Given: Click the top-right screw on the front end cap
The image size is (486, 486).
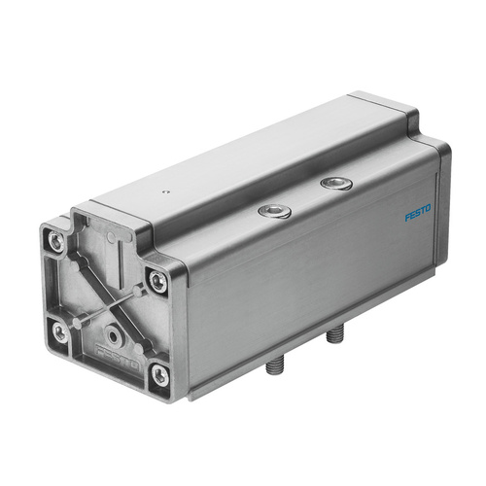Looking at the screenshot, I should coord(156,282).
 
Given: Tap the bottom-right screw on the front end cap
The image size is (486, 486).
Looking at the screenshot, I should coord(158,374).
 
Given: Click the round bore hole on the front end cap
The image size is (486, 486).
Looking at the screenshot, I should coord(116,336).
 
